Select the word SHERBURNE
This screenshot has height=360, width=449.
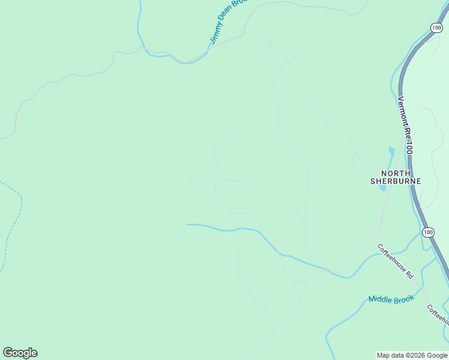click(395, 181)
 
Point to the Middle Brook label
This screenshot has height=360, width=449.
click(391, 298)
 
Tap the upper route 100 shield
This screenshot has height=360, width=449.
click(436, 28)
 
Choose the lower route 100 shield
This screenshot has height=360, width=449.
click(427, 232)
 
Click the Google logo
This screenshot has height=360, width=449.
click(20, 353)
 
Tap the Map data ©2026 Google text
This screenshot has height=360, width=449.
click(412, 355)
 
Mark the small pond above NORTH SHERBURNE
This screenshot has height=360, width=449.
click(392, 151)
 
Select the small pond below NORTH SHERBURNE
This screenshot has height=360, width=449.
click(382, 188)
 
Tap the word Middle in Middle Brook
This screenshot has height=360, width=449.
click(381, 299)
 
